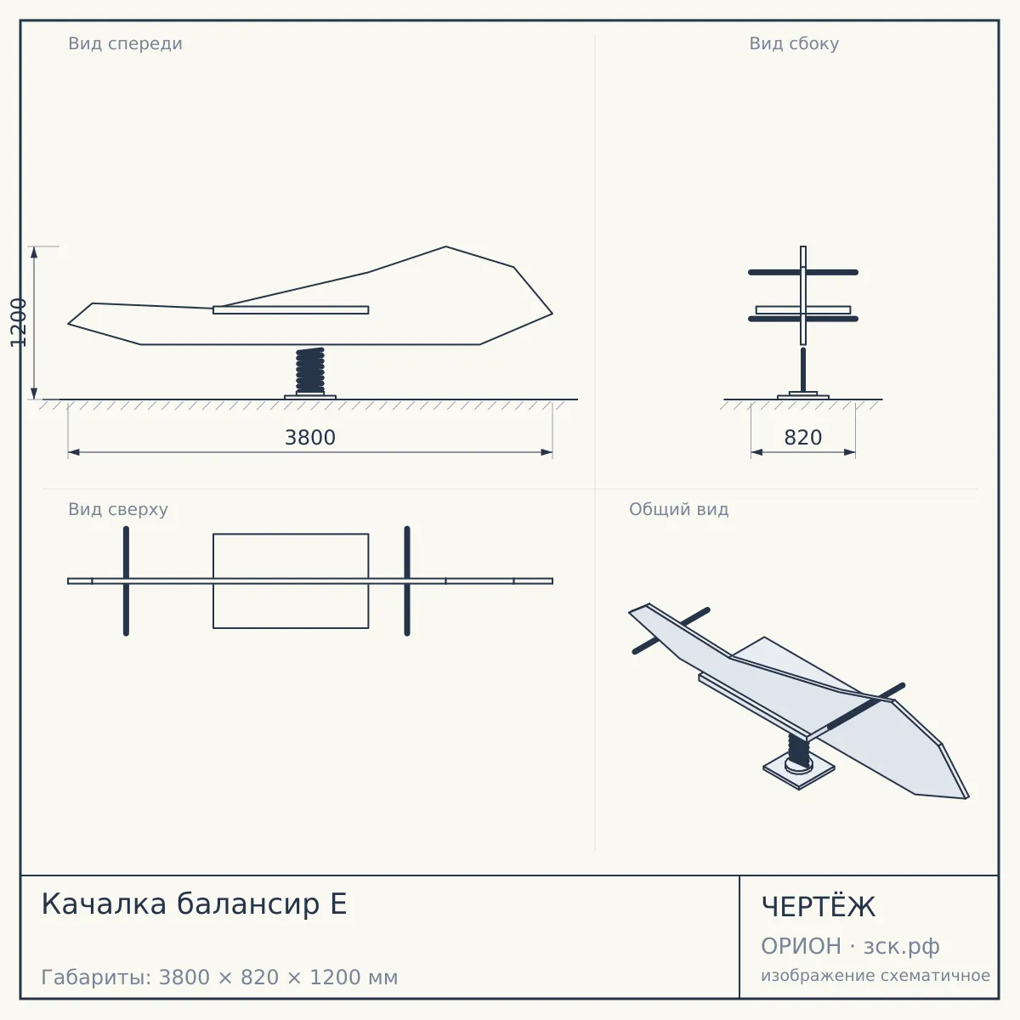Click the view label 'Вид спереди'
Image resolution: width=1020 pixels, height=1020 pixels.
[x=125, y=43]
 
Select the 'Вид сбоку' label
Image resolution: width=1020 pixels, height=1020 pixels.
[x=794, y=43]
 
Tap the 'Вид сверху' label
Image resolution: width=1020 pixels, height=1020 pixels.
[x=118, y=509]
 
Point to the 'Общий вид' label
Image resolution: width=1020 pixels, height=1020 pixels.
[x=678, y=509]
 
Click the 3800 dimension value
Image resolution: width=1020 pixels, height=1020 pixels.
[x=310, y=438]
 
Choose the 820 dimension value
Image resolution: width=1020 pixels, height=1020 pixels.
[x=803, y=438]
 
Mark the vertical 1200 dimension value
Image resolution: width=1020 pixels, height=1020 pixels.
[x=19, y=322]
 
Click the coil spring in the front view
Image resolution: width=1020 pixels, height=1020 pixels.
[x=310, y=371]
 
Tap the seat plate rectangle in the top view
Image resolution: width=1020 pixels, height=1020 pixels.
[x=291, y=581]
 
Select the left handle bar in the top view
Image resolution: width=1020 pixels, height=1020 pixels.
[x=126, y=581]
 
